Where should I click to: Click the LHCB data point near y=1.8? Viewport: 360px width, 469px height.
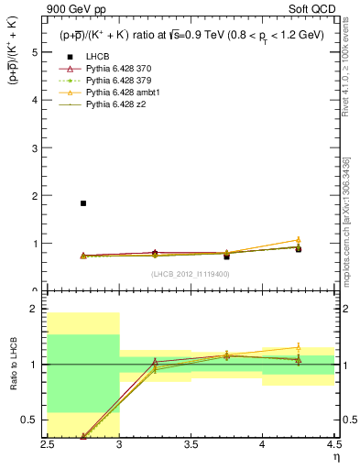point(83,203)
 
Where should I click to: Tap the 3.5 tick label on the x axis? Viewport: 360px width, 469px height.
point(191,444)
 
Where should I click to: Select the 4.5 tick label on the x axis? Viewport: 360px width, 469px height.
point(333,444)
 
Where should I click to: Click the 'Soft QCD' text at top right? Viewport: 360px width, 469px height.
point(316,11)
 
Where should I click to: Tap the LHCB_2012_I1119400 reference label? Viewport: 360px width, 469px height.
point(190,274)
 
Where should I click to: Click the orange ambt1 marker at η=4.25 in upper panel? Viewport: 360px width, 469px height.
point(298,240)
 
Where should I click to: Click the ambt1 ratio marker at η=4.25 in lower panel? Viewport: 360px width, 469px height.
point(298,347)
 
